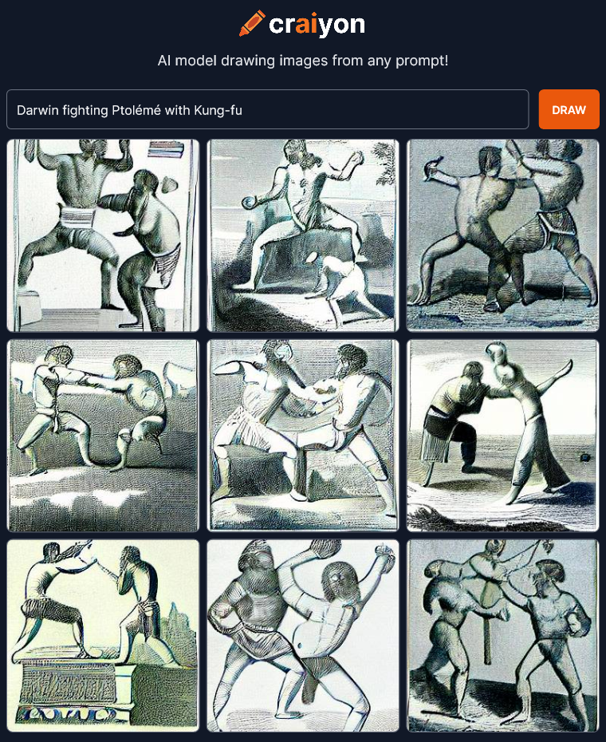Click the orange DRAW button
point(569,109)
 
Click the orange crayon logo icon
point(252,23)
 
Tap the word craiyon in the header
point(317,24)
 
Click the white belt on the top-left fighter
point(77,217)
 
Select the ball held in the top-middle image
point(247,203)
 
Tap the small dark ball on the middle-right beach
point(585,458)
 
